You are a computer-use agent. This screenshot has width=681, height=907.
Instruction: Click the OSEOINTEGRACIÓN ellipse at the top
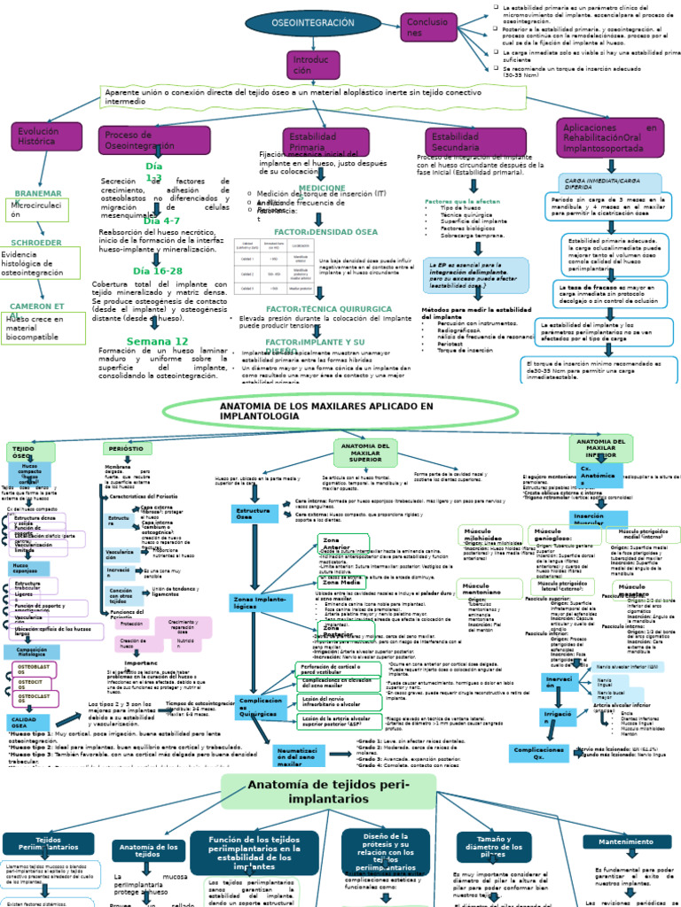305,21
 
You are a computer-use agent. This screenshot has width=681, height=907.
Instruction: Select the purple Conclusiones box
428,27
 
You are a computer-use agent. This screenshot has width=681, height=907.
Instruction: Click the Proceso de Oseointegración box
141,140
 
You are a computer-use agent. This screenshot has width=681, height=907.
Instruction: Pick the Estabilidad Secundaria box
464,142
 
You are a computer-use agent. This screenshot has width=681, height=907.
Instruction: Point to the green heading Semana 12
157,341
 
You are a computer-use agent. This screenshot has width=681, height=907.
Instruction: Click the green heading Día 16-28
157,271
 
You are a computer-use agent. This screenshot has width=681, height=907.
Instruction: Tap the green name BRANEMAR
38,193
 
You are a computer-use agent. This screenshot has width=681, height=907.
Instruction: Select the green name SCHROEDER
36,242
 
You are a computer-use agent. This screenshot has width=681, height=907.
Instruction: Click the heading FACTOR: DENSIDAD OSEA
314,231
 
